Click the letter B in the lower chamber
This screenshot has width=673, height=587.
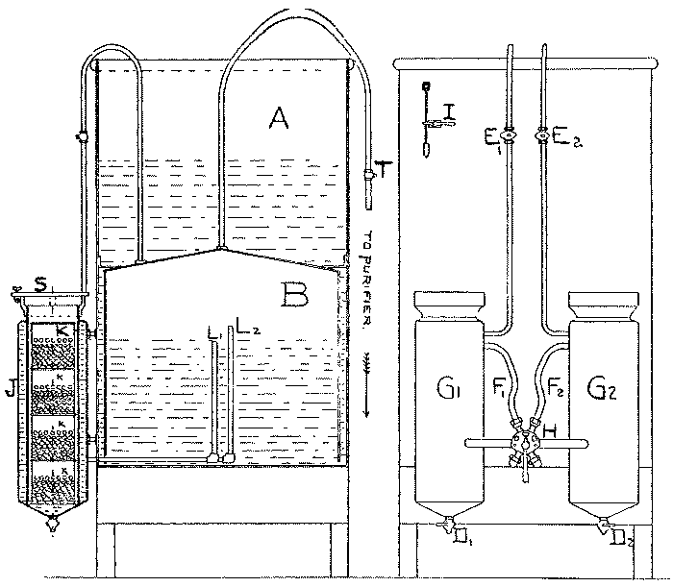pyautogui.click(x=295, y=292)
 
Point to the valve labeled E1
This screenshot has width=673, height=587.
pyautogui.click(x=511, y=136)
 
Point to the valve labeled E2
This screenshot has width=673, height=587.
pyautogui.click(x=545, y=136)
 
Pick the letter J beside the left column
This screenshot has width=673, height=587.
pyautogui.click(x=11, y=389)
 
